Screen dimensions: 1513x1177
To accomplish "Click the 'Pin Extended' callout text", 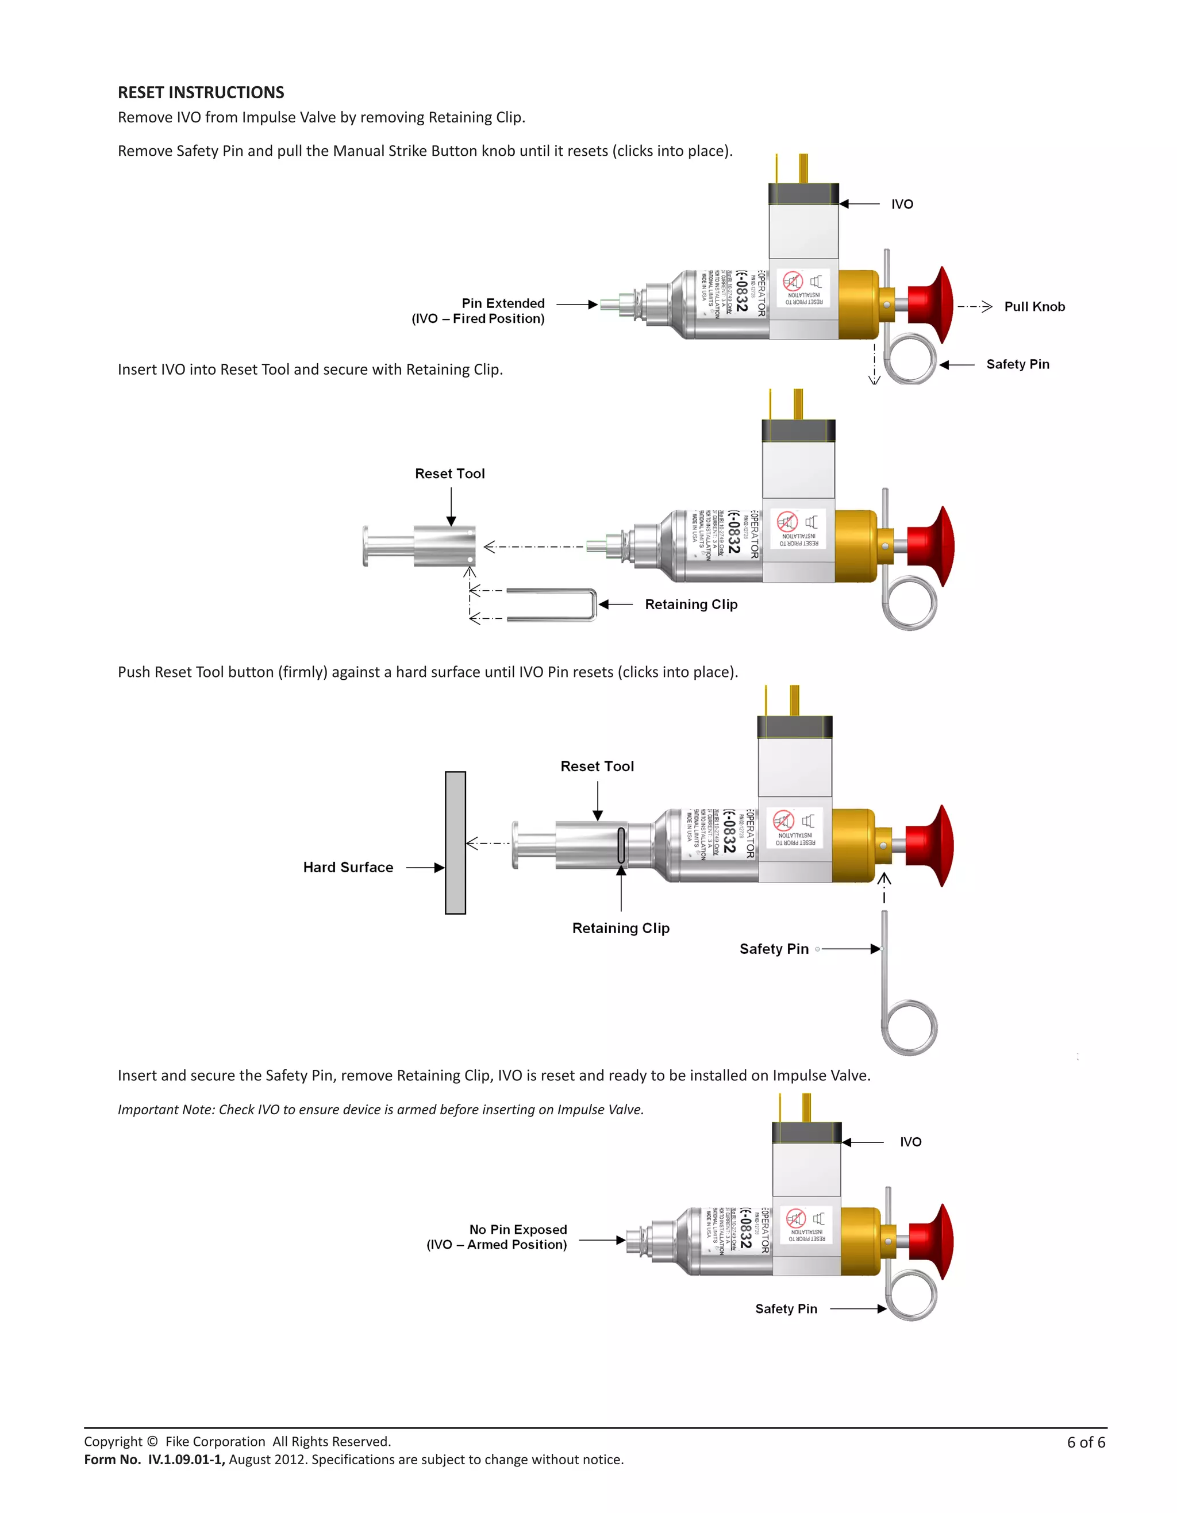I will (x=503, y=303).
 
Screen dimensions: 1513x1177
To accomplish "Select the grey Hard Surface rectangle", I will (x=455, y=842).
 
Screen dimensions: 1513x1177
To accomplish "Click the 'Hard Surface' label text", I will (x=348, y=867).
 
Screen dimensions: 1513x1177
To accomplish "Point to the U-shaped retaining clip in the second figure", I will (x=554, y=604).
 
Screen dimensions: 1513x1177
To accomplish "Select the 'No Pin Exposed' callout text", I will (x=518, y=1229).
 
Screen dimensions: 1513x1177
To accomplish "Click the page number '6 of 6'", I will (x=1086, y=1442).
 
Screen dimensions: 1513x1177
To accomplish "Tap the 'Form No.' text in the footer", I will (x=112, y=1460).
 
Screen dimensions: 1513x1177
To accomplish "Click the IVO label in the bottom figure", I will (x=910, y=1142).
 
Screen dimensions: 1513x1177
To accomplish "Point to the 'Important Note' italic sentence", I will (x=380, y=1109).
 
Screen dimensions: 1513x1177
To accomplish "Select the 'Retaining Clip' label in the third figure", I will (x=621, y=928).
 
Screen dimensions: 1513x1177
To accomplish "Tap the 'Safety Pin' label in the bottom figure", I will (x=786, y=1308).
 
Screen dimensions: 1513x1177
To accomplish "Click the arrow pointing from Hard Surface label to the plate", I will (x=425, y=867).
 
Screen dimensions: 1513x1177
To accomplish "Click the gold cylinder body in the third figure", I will (x=853, y=845).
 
